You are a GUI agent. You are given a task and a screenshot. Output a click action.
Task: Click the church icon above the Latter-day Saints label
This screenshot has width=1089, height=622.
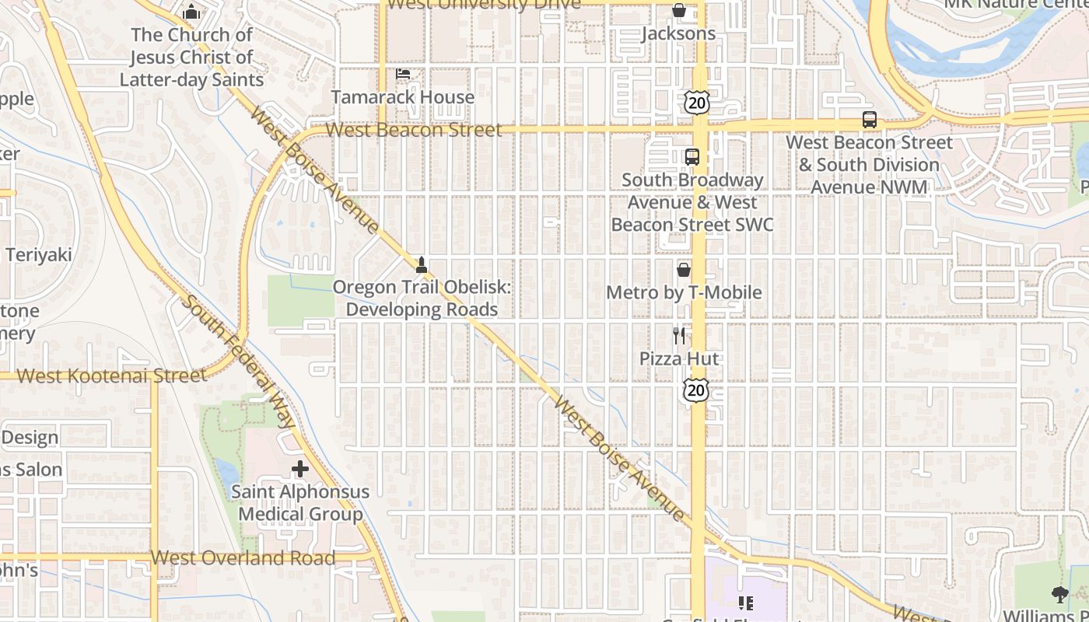coord(191,12)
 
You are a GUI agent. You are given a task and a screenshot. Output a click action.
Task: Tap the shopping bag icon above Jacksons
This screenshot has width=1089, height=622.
coord(678,10)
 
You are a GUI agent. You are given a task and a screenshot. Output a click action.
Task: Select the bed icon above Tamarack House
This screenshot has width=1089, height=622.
coord(403,74)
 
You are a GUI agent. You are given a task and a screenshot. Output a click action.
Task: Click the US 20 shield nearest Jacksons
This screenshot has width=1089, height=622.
coord(697,102)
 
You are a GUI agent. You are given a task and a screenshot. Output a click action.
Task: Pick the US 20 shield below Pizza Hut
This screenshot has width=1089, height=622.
coord(696,390)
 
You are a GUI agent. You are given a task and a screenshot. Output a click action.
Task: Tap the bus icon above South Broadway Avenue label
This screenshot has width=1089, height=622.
coord(692,156)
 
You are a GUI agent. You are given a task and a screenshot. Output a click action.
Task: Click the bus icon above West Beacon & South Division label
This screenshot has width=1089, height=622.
coord(869,120)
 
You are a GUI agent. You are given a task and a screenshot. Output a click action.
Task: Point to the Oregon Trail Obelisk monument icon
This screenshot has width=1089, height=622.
coord(422,264)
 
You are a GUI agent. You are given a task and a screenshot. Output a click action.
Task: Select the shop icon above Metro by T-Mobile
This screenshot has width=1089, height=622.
coord(683,270)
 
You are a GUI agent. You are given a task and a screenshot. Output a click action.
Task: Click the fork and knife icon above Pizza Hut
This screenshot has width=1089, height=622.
coord(679,336)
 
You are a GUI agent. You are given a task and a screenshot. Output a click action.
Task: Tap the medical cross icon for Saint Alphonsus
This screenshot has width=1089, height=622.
coord(299,469)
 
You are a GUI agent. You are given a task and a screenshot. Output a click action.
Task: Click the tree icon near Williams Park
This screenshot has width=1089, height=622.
coord(1059,595)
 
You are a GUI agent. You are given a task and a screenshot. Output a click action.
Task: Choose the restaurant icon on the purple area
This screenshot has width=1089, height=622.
coord(746,603)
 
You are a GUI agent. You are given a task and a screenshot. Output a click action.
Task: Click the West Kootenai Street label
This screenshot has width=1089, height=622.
coord(112,376)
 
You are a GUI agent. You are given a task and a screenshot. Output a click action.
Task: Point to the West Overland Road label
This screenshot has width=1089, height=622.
coord(243,557)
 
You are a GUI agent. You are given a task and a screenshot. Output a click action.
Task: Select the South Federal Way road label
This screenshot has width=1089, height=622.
coord(239,360)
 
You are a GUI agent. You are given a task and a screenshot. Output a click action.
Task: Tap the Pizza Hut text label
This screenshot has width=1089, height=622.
coord(679,358)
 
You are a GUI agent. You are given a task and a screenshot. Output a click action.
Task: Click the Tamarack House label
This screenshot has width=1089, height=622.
coord(403,97)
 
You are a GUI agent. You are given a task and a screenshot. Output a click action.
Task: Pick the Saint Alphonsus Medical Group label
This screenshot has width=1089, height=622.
coord(300,503)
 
